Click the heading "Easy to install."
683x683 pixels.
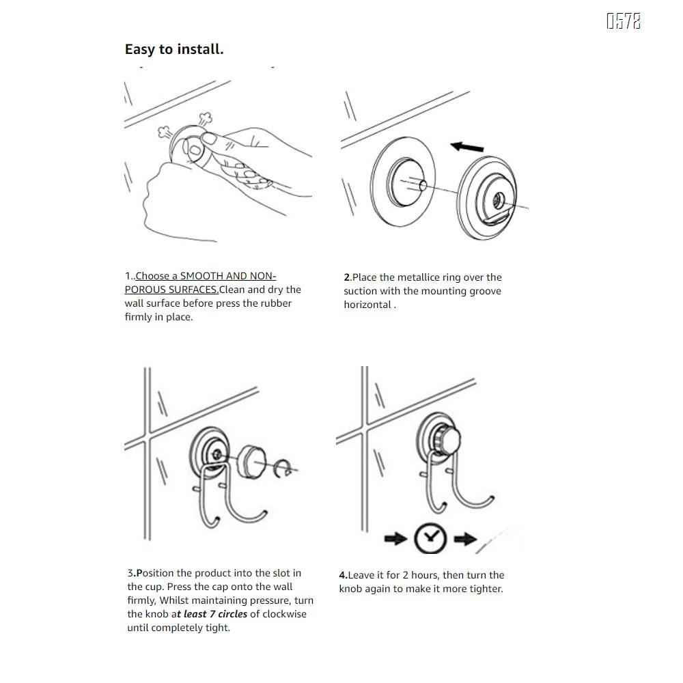click(x=174, y=49)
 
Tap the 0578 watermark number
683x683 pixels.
click(x=624, y=22)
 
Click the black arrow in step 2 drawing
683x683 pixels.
click(x=467, y=146)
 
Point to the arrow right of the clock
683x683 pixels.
click(x=465, y=540)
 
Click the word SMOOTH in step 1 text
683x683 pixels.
click(x=202, y=276)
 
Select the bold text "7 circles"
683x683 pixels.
click(x=229, y=614)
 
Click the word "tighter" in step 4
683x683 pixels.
click(x=486, y=589)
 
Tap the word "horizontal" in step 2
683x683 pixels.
click(x=367, y=305)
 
